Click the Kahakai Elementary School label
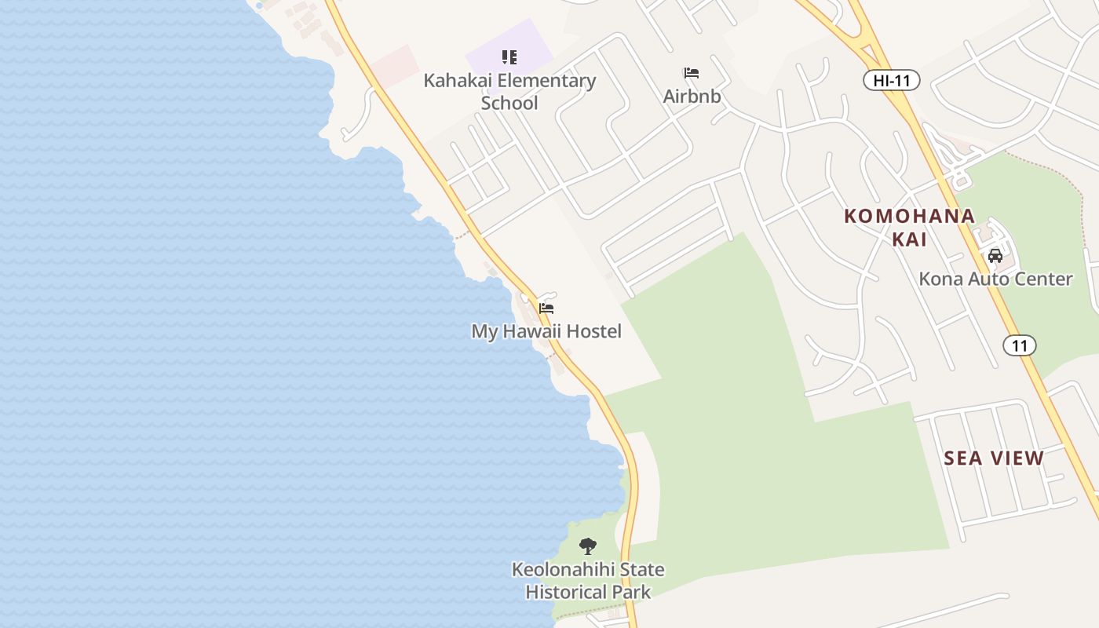[x=509, y=91]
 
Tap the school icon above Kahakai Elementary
[x=509, y=57]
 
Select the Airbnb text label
[x=692, y=96]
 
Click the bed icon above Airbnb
[x=692, y=73]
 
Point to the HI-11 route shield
[x=891, y=80]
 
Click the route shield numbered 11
[x=1019, y=345]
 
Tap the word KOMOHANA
[x=910, y=216]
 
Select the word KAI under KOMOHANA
[x=910, y=239]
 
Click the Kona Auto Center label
[x=995, y=279]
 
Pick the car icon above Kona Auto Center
[x=995, y=255]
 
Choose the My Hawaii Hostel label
[x=546, y=331]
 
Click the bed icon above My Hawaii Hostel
[x=546, y=309]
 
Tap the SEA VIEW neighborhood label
[x=994, y=458]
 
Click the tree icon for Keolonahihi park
[x=587, y=546]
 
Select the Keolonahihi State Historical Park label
[x=588, y=580]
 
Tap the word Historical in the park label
[x=565, y=592]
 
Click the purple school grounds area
[x=534, y=43]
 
